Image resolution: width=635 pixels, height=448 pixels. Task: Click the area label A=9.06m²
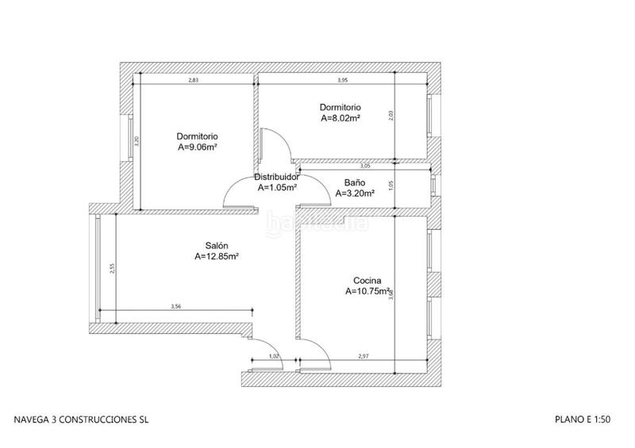(198, 147)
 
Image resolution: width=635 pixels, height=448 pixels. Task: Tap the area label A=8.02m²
(341, 118)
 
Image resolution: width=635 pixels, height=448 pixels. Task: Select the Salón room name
(216, 245)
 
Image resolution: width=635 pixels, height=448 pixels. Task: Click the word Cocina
(368, 280)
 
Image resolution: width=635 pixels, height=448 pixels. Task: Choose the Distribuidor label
(277, 177)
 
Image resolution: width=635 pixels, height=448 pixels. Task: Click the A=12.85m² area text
(217, 257)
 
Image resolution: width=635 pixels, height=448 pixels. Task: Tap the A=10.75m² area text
(368, 292)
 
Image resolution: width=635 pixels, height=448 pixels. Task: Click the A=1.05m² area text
(277, 188)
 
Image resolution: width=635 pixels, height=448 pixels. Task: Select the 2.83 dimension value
(194, 80)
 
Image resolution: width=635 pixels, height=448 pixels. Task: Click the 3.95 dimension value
(343, 80)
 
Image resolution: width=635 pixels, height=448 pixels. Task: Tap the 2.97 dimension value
(364, 357)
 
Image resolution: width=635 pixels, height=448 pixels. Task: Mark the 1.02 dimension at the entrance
(274, 357)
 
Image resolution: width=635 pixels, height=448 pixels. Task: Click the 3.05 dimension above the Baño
(365, 167)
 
